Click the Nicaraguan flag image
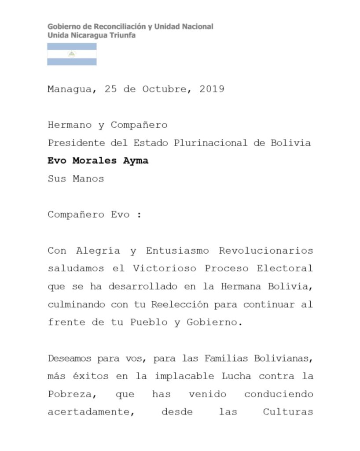click(72, 54)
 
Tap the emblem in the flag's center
click(72, 54)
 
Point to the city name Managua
click(70, 89)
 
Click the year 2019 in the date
click(212, 89)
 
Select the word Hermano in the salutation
click(70, 125)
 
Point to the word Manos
click(88, 179)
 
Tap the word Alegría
click(98, 251)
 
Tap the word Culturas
click(288, 412)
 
